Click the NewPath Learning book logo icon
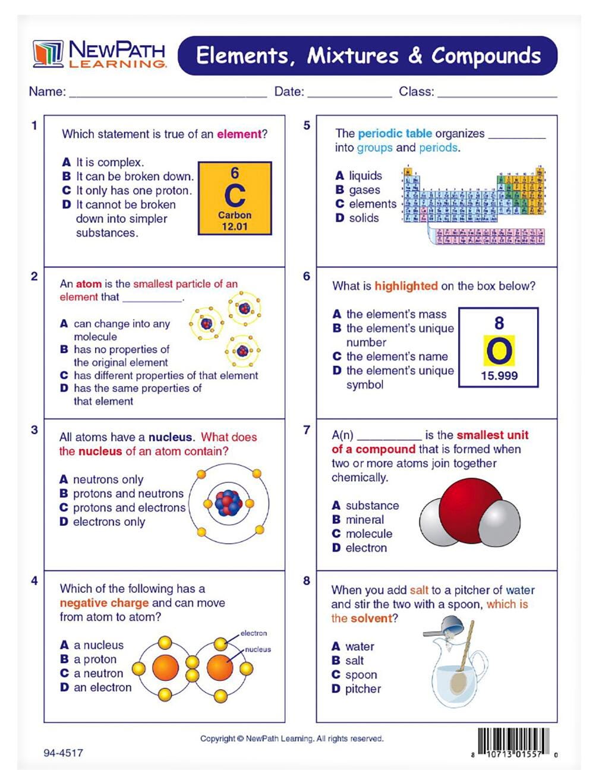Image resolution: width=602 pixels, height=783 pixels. [x=48, y=53]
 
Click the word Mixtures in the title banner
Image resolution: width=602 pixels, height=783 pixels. [x=352, y=55]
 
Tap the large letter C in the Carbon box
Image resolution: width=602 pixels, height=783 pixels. [x=235, y=195]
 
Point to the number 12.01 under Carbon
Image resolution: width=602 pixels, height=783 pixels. [x=235, y=226]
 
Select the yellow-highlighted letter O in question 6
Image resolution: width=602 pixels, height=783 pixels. [x=499, y=351]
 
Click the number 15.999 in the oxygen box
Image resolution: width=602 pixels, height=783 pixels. [x=499, y=375]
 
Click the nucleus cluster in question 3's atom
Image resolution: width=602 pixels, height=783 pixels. [x=229, y=503]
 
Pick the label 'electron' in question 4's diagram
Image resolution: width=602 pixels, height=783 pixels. [x=254, y=633]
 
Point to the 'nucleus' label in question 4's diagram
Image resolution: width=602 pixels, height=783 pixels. [x=258, y=649]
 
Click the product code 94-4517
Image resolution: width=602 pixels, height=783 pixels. [x=63, y=753]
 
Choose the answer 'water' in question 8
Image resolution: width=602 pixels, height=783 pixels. [x=360, y=646]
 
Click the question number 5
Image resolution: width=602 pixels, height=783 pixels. [x=307, y=125]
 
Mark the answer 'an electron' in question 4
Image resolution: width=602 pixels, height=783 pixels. [x=102, y=687]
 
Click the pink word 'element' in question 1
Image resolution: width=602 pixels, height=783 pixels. [x=239, y=134]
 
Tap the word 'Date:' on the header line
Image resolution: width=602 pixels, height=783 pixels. [x=289, y=91]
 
